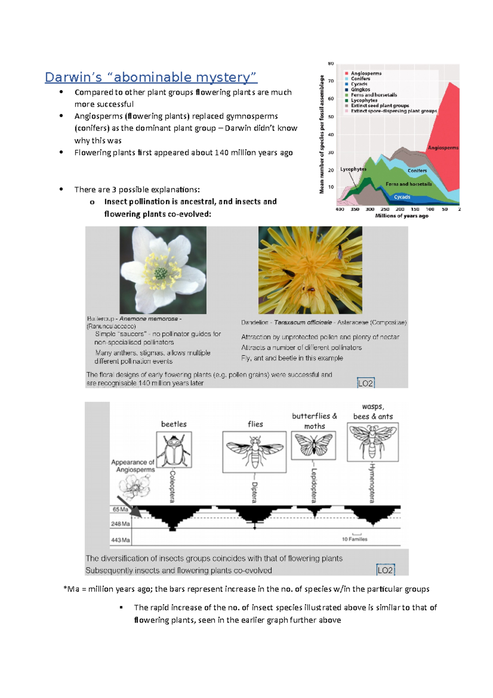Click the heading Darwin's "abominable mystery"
[x=151, y=77]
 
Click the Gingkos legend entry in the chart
[x=360, y=90]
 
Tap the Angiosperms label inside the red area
[x=443, y=148]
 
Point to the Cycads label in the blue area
[x=402, y=197]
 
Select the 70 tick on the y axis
[x=331, y=81]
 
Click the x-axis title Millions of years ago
[x=401, y=215]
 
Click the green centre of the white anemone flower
[x=161, y=273]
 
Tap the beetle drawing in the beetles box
[x=174, y=450]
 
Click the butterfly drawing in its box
[x=313, y=445]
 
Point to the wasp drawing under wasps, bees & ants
[x=373, y=442]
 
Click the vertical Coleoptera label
[x=173, y=486]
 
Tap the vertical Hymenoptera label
[x=372, y=483]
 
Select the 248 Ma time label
[x=120, y=524]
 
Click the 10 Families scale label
[x=355, y=539]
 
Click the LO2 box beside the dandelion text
[x=366, y=383]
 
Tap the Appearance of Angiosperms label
[x=133, y=466]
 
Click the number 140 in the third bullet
[x=221, y=153]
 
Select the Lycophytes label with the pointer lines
[x=353, y=169]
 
